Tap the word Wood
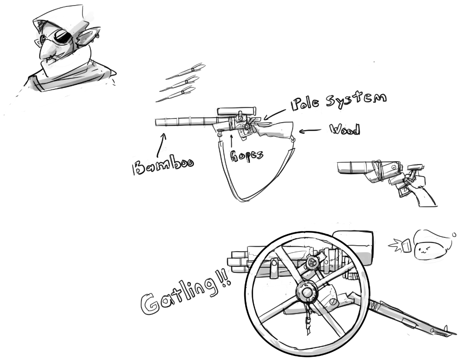pos(345,130)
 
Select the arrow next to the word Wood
pos(311,131)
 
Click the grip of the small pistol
pos(425,196)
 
